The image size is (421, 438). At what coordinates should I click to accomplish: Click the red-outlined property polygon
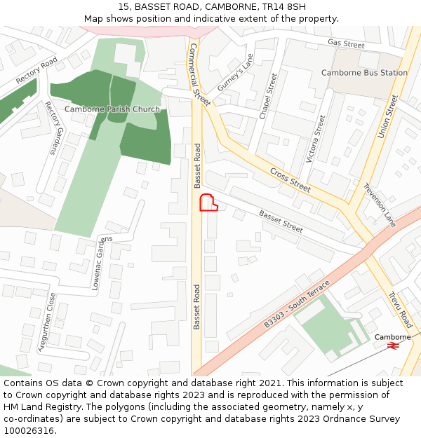[208, 203]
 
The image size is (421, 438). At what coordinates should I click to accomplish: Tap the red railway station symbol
[392, 345]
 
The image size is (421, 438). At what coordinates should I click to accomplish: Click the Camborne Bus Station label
[364, 73]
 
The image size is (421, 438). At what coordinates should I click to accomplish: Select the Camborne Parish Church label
[112, 109]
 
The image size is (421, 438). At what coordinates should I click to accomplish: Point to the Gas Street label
[346, 44]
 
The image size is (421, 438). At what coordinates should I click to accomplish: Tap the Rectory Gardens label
[53, 128]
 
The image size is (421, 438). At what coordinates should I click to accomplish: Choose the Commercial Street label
[200, 74]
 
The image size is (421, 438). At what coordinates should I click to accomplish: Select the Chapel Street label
[269, 96]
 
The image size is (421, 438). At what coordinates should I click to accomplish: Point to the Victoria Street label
[316, 139]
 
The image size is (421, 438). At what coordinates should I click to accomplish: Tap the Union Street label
[387, 116]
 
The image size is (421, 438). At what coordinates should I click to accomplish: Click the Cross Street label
[290, 180]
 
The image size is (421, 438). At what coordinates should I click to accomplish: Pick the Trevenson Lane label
[380, 205]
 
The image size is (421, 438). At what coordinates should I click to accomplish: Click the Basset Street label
[281, 221]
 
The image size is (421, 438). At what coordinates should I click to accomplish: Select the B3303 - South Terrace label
[297, 303]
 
